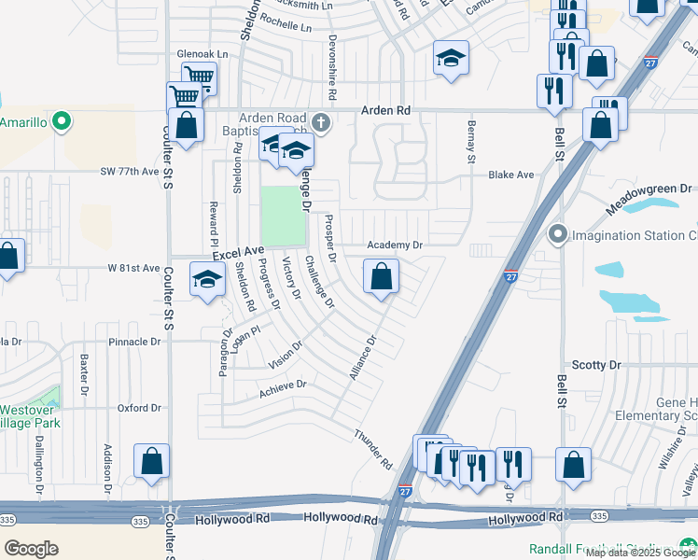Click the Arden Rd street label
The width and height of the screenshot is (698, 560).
(389, 110)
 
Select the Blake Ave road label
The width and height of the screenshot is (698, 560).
(510, 175)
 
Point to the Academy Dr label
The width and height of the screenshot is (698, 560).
(395, 245)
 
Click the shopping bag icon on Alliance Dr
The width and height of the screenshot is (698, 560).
(381, 276)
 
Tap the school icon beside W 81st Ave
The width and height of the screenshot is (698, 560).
(207, 279)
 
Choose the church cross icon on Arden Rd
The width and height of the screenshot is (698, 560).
(320, 122)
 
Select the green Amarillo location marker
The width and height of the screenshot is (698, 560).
(62, 122)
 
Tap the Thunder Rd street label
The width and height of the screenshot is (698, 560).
(372, 449)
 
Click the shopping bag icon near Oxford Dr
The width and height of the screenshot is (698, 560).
(151, 461)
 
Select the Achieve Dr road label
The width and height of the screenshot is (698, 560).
(281, 387)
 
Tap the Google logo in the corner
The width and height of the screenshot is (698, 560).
(31, 548)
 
